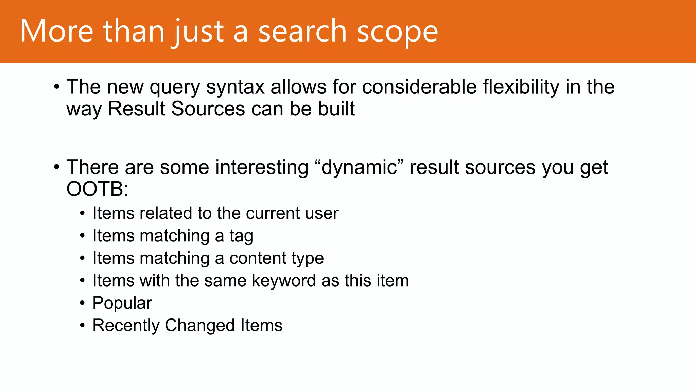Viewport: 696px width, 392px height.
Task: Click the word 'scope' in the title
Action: [397, 32]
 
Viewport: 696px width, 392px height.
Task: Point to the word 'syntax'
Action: [235, 87]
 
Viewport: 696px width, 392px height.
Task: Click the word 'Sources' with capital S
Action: [208, 109]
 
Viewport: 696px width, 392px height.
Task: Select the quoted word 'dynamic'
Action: [359, 167]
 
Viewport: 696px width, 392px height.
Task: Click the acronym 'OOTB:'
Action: [97, 189]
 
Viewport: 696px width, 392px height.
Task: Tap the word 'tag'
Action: [241, 236]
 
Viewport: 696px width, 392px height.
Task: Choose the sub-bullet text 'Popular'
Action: [122, 303]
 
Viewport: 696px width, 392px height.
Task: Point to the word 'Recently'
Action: [126, 326]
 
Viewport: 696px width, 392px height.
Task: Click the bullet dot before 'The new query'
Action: [57, 87]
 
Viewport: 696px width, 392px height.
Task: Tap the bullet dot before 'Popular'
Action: [82, 303]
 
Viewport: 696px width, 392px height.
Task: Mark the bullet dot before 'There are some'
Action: [57, 167]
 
